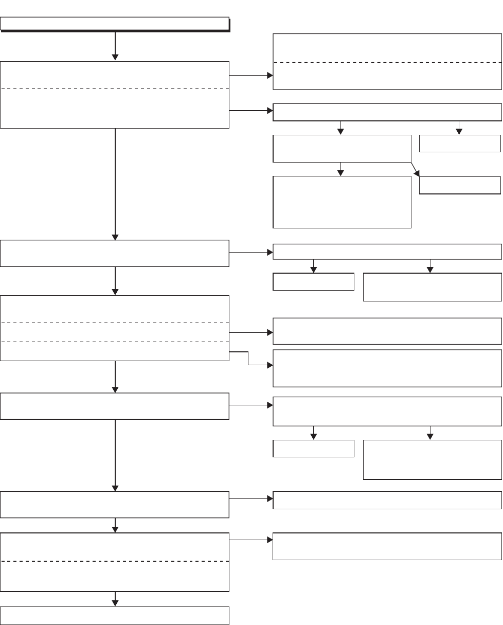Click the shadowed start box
[x=115, y=24]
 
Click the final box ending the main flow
[x=115, y=615]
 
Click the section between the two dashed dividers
[x=115, y=332]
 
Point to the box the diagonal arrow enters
[x=460, y=185]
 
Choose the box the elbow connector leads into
[x=387, y=368]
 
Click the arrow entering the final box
[x=115, y=599]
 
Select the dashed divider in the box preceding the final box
[x=115, y=561]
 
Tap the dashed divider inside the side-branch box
[x=387, y=62]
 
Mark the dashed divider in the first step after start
[x=115, y=88]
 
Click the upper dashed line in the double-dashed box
[x=115, y=323]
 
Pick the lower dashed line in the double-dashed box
[x=115, y=341]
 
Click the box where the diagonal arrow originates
[x=342, y=149]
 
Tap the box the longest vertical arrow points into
[x=115, y=253]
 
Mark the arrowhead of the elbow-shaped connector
[x=271, y=366]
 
